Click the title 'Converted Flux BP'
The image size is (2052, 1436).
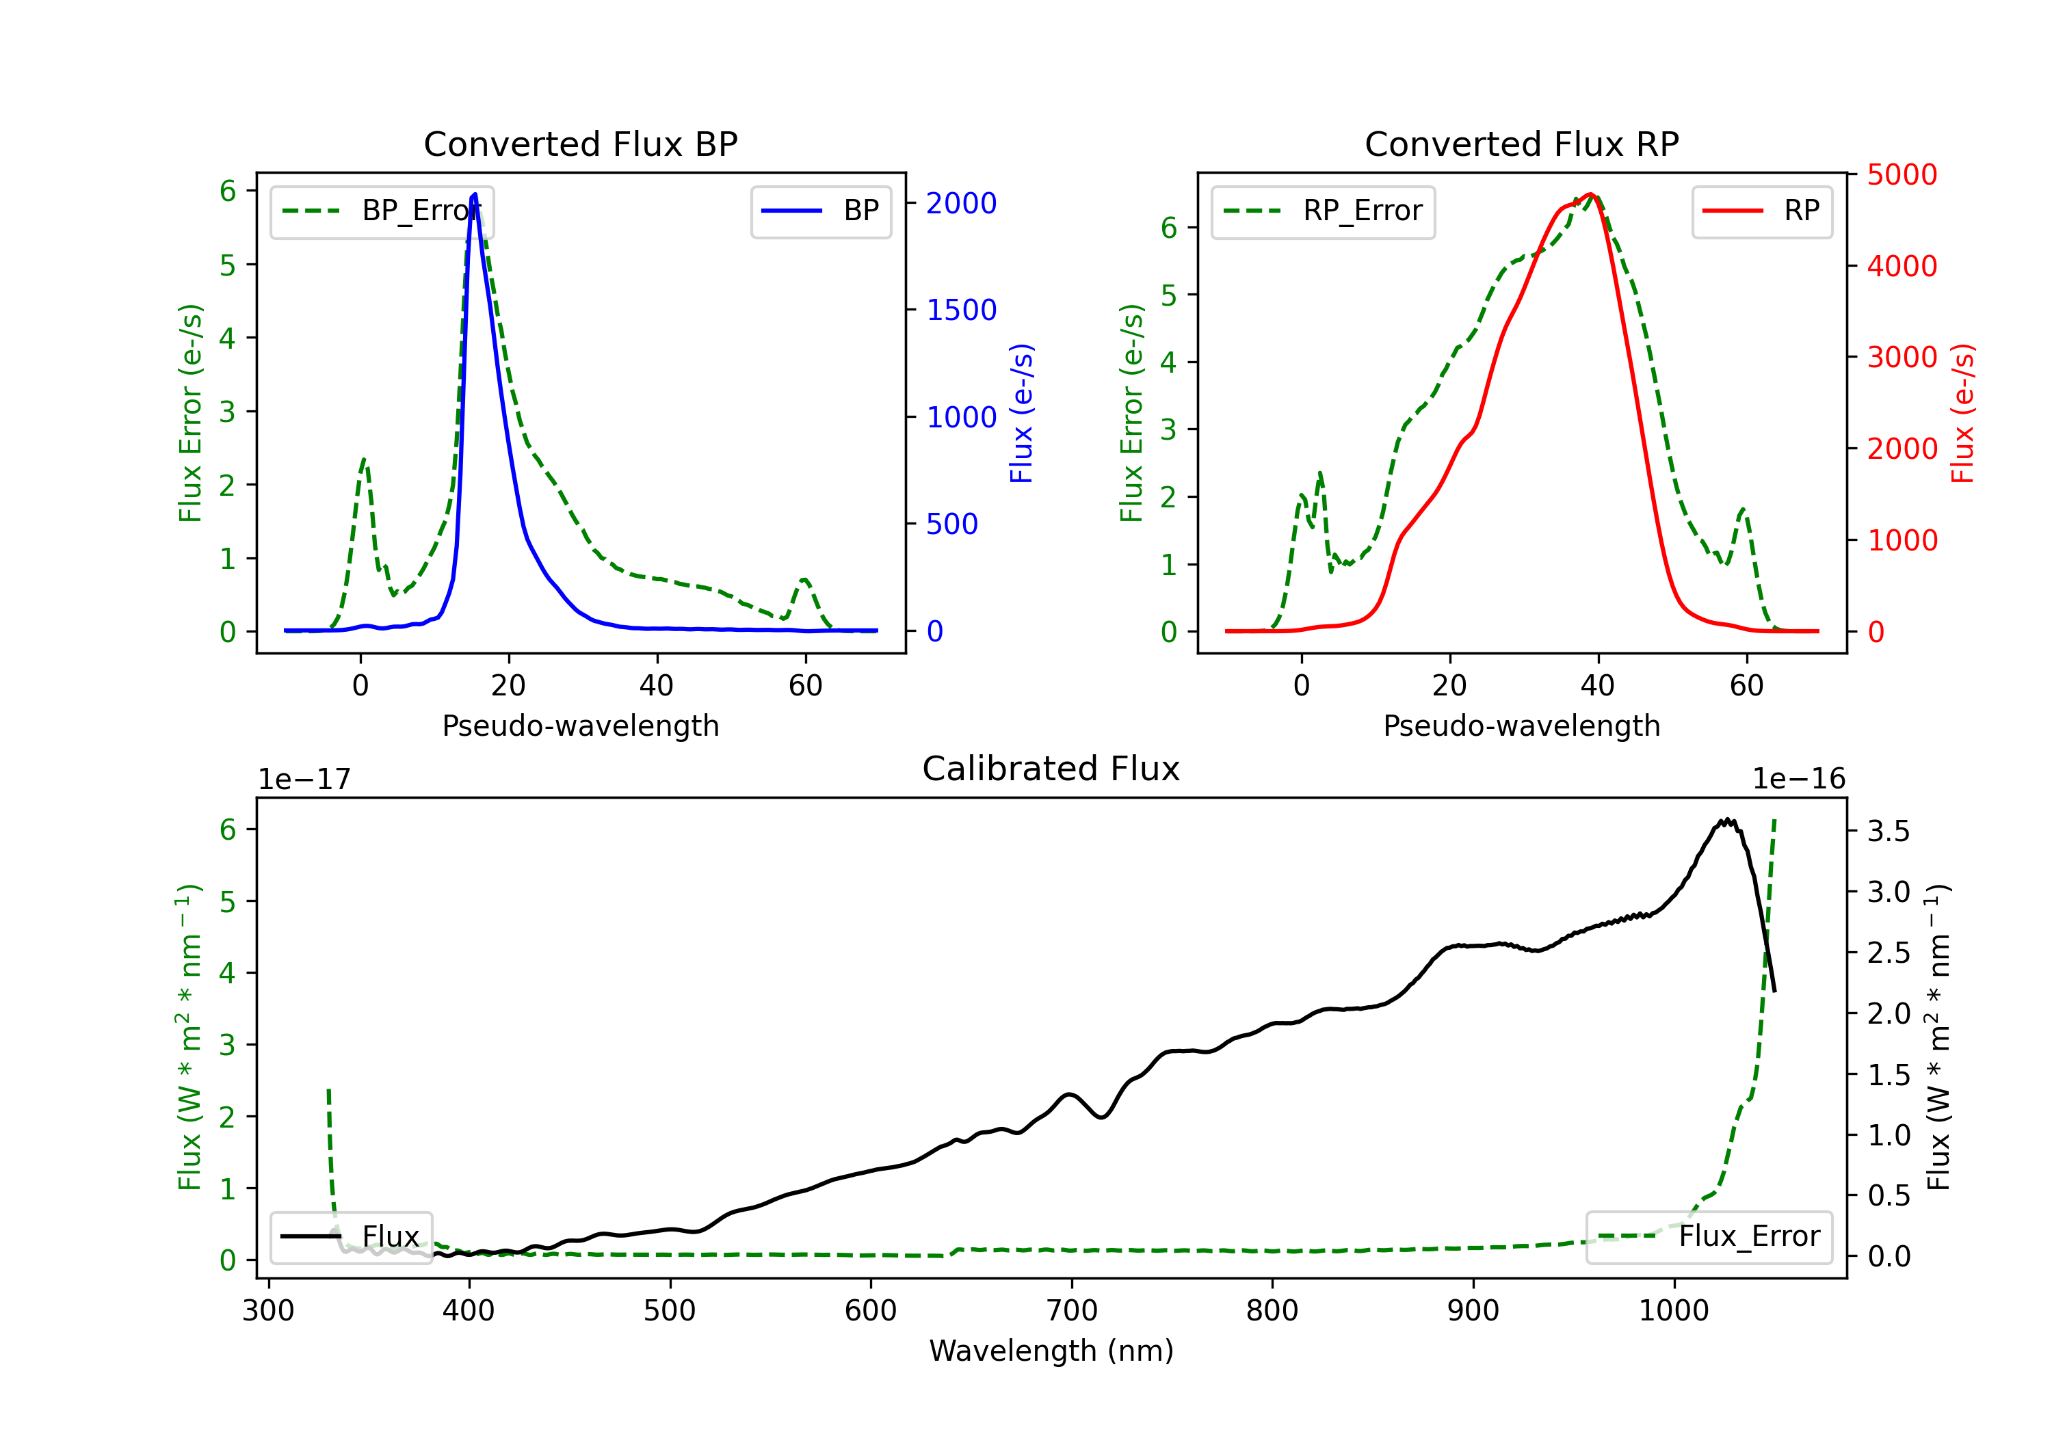[580, 144]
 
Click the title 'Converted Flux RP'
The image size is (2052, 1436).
[1521, 144]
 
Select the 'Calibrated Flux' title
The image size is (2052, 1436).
[1051, 769]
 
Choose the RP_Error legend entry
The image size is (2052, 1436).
[1323, 211]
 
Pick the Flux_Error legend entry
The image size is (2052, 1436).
[1709, 1237]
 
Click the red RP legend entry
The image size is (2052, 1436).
[1761, 211]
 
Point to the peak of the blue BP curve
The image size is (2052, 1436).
[475, 194]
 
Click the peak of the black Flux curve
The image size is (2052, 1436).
[1728, 819]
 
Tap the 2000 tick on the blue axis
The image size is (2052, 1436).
[961, 204]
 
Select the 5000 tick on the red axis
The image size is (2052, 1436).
[1902, 174]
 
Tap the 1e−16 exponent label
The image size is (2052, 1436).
[1798, 780]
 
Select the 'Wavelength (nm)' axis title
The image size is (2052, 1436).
[1051, 1351]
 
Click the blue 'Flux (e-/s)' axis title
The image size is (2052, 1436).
[1021, 413]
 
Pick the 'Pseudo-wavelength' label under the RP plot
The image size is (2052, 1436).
[1521, 726]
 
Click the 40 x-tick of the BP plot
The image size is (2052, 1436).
[657, 685]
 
